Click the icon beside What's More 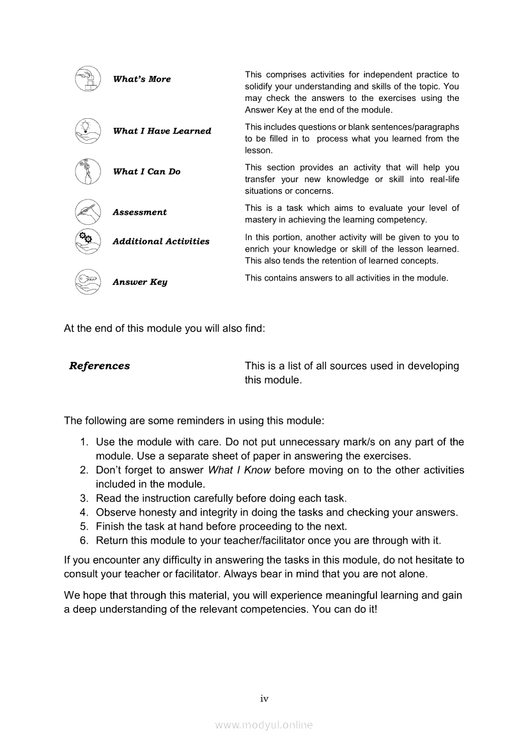click(88, 79)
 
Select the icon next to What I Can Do click(88, 171)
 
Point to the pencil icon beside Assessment click(88, 212)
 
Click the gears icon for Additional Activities click(88, 241)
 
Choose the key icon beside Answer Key click(88, 282)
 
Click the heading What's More click(142, 79)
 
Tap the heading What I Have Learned click(162, 131)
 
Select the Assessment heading click(139, 212)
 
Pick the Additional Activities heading click(160, 242)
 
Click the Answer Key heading click(139, 282)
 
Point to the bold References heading click(99, 366)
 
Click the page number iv click(264, 698)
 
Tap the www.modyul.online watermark click(264, 725)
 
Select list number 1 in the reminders click(84, 442)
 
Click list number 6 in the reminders click(84, 540)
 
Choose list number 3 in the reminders click(84, 498)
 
